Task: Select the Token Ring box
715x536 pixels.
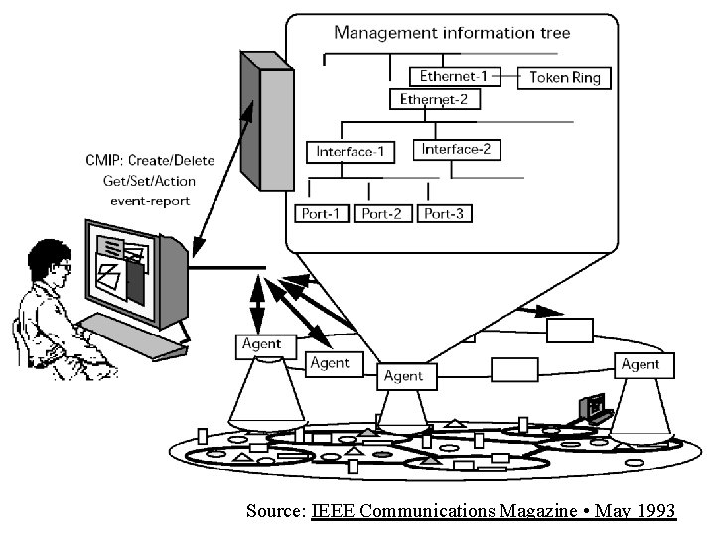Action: (x=565, y=77)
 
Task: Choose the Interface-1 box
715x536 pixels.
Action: (x=350, y=152)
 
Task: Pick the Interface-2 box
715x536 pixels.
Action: (x=456, y=150)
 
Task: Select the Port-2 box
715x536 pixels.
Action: (x=383, y=213)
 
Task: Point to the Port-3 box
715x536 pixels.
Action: (x=445, y=213)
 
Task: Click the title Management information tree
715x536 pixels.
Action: (x=452, y=32)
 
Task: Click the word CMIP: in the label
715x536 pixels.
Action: (x=106, y=161)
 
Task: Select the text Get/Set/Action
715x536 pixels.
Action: (x=149, y=181)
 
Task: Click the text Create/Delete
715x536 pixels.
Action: (x=176, y=161)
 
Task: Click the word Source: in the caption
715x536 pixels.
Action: (x=276, y=511)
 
